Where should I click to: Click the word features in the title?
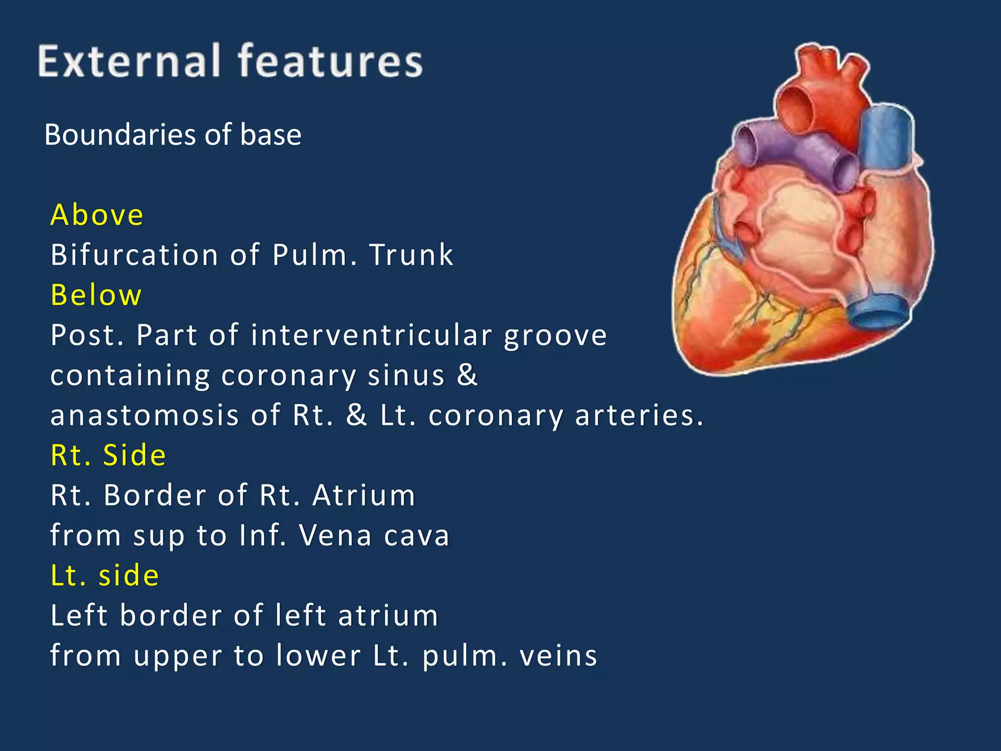[330, 61]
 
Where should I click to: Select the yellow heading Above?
[97, 215]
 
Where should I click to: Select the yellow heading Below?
[96, 295]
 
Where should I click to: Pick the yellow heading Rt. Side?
[108, 455]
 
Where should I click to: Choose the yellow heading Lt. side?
[105, 575]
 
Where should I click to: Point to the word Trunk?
[412, 255]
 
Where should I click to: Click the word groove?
[556, 336]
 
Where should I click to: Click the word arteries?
[638, 416]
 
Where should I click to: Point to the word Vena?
[335, 535]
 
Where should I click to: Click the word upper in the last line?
[178, 657]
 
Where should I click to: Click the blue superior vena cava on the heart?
[886, 137]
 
